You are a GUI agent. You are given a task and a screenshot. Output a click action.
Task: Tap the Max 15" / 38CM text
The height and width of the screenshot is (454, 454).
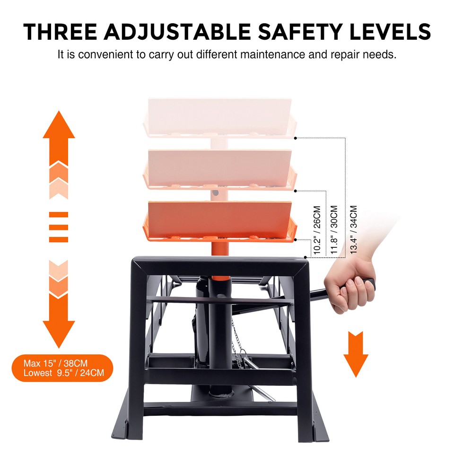[56, 364]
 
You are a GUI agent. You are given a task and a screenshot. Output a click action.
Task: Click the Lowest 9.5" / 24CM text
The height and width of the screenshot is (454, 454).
[64, 373]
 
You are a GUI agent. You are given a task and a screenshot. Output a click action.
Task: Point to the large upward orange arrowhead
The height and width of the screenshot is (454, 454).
[59, 126]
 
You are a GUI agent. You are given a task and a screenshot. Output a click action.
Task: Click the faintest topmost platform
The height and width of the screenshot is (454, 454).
[220, 116]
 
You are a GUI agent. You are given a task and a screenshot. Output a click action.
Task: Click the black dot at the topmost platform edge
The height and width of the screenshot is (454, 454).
[296, 138]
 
